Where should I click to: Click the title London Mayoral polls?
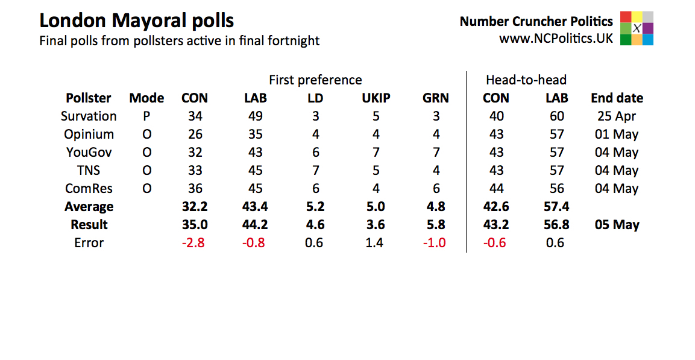click(136, 21)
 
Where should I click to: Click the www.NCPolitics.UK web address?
click(556, 38)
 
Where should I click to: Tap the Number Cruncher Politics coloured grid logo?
click(637, 28)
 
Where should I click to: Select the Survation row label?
click(89, 116)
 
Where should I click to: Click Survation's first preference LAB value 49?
click(256, 116)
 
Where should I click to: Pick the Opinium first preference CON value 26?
click(195, 134)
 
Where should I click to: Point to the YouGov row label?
click(89, 152)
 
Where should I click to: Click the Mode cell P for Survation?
click(146, 116)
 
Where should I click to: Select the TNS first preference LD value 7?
click(315, 170)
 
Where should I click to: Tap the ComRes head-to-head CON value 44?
click(496, 188)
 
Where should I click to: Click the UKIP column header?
click(376, 98)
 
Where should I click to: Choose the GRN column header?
click(436, 98)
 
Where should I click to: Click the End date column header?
click(617, 98)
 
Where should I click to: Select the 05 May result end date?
click(617, 224)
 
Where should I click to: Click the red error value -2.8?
click(195, 242)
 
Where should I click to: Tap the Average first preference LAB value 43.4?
click(256, 206)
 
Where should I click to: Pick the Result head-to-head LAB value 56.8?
click(556, 224)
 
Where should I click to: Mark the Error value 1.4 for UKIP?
click(376, 242)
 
